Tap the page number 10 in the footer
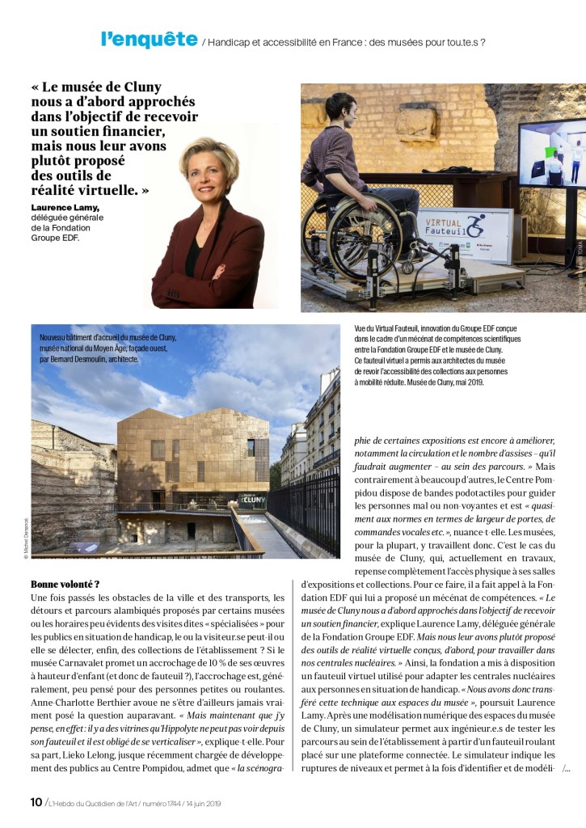36,803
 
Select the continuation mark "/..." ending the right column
566,768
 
